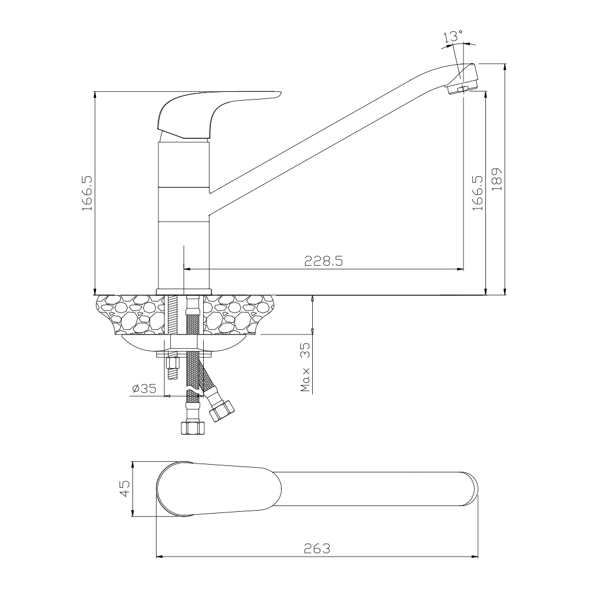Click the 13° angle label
point(453,37)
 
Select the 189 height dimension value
point(497,179)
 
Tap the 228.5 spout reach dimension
point(323,261)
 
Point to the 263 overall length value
point(317,549)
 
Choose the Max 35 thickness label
point(306,367)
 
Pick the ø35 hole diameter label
point(144,388)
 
